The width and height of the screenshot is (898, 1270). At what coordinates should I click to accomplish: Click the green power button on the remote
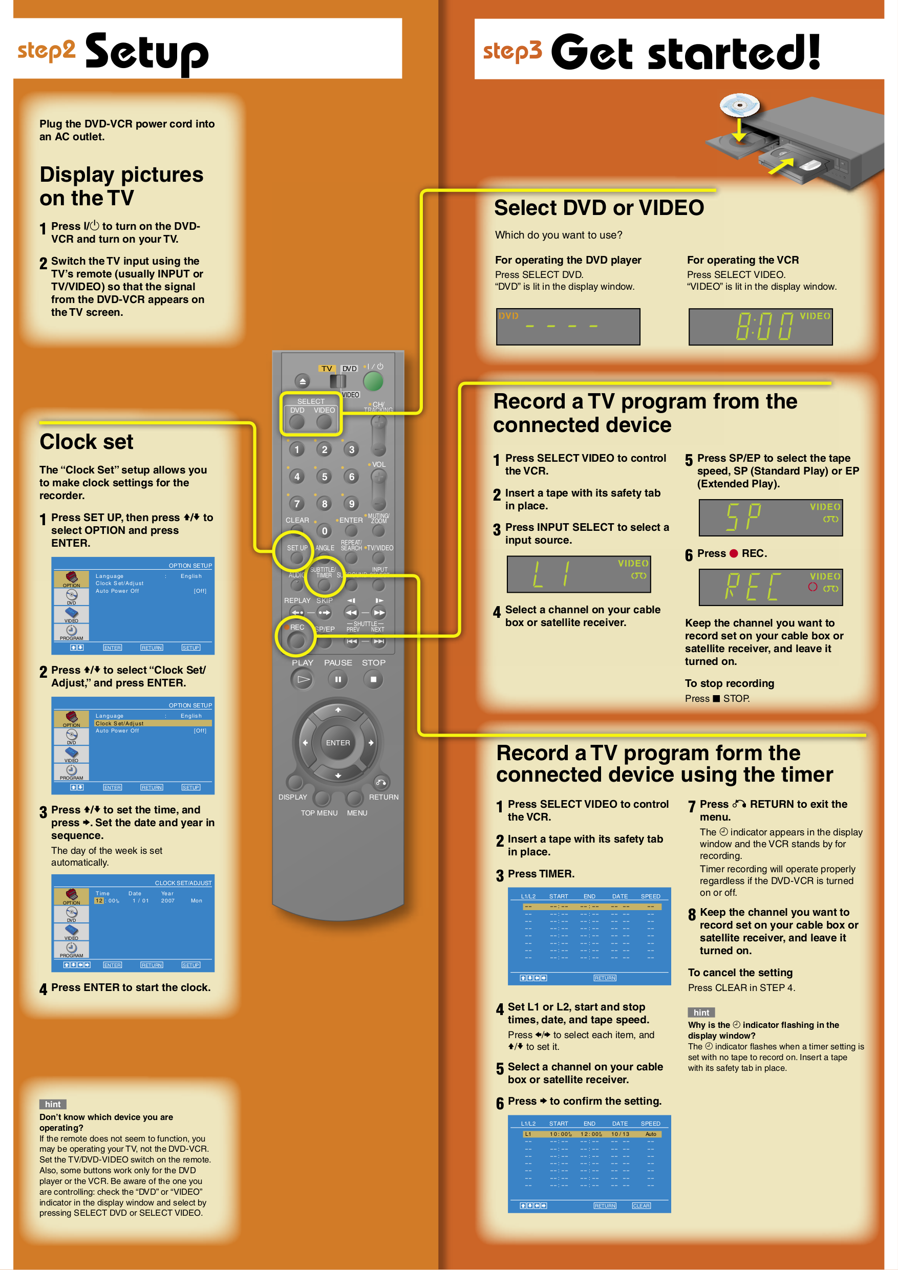click(373, 382)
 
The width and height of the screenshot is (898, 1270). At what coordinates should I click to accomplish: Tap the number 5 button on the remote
click(324, 477)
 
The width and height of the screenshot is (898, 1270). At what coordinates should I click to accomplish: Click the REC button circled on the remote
click(296, 640)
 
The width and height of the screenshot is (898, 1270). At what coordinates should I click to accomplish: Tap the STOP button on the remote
click(373, 679)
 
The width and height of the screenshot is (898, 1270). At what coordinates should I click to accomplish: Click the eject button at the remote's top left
click(302, 382)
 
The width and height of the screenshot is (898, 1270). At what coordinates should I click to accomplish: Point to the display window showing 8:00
click(760, 327)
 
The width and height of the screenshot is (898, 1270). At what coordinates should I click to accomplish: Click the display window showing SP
click(770, 518)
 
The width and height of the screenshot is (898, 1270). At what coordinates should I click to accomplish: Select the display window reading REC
click(770, 587)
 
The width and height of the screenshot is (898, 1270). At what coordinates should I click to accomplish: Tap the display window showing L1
click(579, 574)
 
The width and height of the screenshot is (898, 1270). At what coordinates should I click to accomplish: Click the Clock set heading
click(87, 442)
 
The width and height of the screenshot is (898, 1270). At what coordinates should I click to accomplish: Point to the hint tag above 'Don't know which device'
click(53, 1104)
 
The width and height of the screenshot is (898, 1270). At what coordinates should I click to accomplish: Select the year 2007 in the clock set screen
click(167, 900)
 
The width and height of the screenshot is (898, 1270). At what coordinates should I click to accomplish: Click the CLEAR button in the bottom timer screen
click(642, 1206)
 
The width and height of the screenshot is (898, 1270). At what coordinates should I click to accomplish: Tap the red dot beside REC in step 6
click(734, 554)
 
